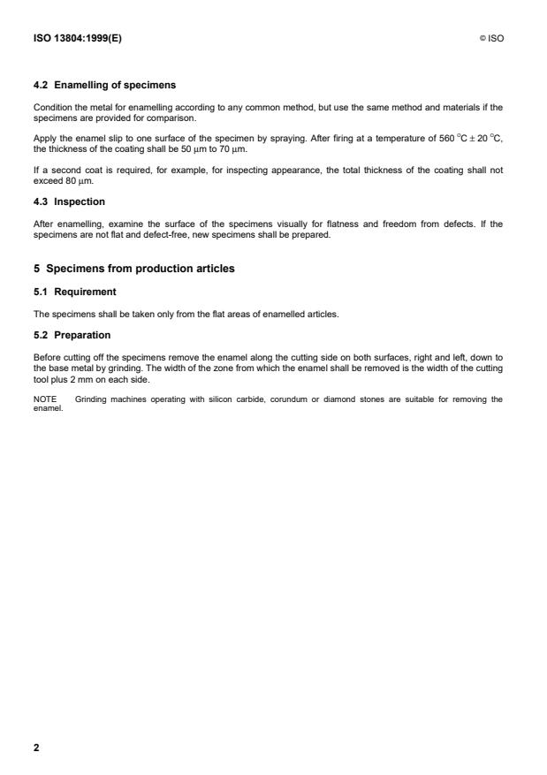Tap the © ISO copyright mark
point(491,39)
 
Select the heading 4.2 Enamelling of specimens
point(104,86)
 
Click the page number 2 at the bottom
point(36,748)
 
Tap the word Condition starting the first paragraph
point(52,108)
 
